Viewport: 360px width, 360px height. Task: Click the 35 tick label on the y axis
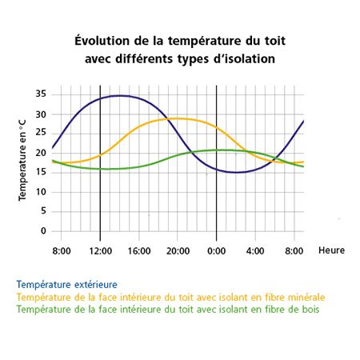pyautogui.click(x=41, y=94)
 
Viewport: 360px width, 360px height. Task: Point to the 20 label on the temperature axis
pyautogui.click(x=41, y=153)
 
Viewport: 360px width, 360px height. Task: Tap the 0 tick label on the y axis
pyautogui.click(x=43, y=230)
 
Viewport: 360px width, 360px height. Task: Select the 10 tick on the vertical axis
pyautogui.click(x=41, y=192)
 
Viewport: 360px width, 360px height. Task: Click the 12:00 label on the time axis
pyautogui.click(x=101, y=251)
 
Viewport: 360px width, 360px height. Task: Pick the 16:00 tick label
pyautogui.click(x=139, y=251)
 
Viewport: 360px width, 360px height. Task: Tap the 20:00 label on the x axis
pyautogui.click(x=178, y=251)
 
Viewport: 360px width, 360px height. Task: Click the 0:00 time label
pyautogui.click(x=217, y=251)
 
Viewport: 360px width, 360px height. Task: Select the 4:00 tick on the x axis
pyautogui.click(x=255, y=251)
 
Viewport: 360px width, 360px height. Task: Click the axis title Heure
pyautogui.click(x=331, y=250)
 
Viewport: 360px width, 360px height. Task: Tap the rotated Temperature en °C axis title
pyautogui.click(x=22, y=160)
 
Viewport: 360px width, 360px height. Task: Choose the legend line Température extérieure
pyautogui.click(x=67, y=285)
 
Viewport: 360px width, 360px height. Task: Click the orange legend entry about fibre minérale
pyautogui.click(x=170, y=297)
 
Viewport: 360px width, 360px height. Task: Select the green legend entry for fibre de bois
pyautogui.click(x=168, y=310)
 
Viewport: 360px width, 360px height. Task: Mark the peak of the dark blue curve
pyautogui.click(x=119, y=95)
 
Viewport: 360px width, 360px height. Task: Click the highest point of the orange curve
pyautogui.click(x=178, y=118)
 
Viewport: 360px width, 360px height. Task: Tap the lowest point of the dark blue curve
pyautogui.click(x=236, y=172)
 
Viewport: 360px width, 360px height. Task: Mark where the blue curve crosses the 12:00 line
pyautogui.click(x=100, y=98)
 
